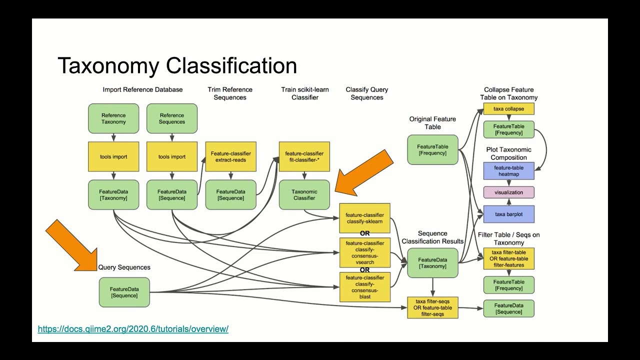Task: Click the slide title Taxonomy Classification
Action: pos(177,65)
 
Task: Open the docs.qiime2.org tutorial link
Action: pos(133,329)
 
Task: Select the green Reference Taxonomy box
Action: pos(113,118)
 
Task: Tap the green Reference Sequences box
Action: pos(172,118)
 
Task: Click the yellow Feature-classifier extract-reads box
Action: pos(230,156)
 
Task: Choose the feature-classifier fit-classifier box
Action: pos(304,156)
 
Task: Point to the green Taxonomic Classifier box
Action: pos(304,194)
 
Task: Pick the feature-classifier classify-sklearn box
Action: pos(364,218)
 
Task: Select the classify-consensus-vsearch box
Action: pos(364,252)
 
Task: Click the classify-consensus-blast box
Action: pos(364,287)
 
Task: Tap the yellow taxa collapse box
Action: pos(508,109)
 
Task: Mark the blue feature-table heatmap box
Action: pos(508,171)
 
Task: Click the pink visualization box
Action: pos(508,192)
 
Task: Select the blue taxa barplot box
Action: pos(508,214)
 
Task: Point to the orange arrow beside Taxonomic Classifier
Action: pos(364,173)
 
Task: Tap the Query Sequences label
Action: pos(124,267)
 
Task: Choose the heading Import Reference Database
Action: pos(142,90)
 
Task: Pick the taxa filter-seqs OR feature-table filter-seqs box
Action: pos(432,308)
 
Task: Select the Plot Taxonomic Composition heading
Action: pos(508,153)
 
